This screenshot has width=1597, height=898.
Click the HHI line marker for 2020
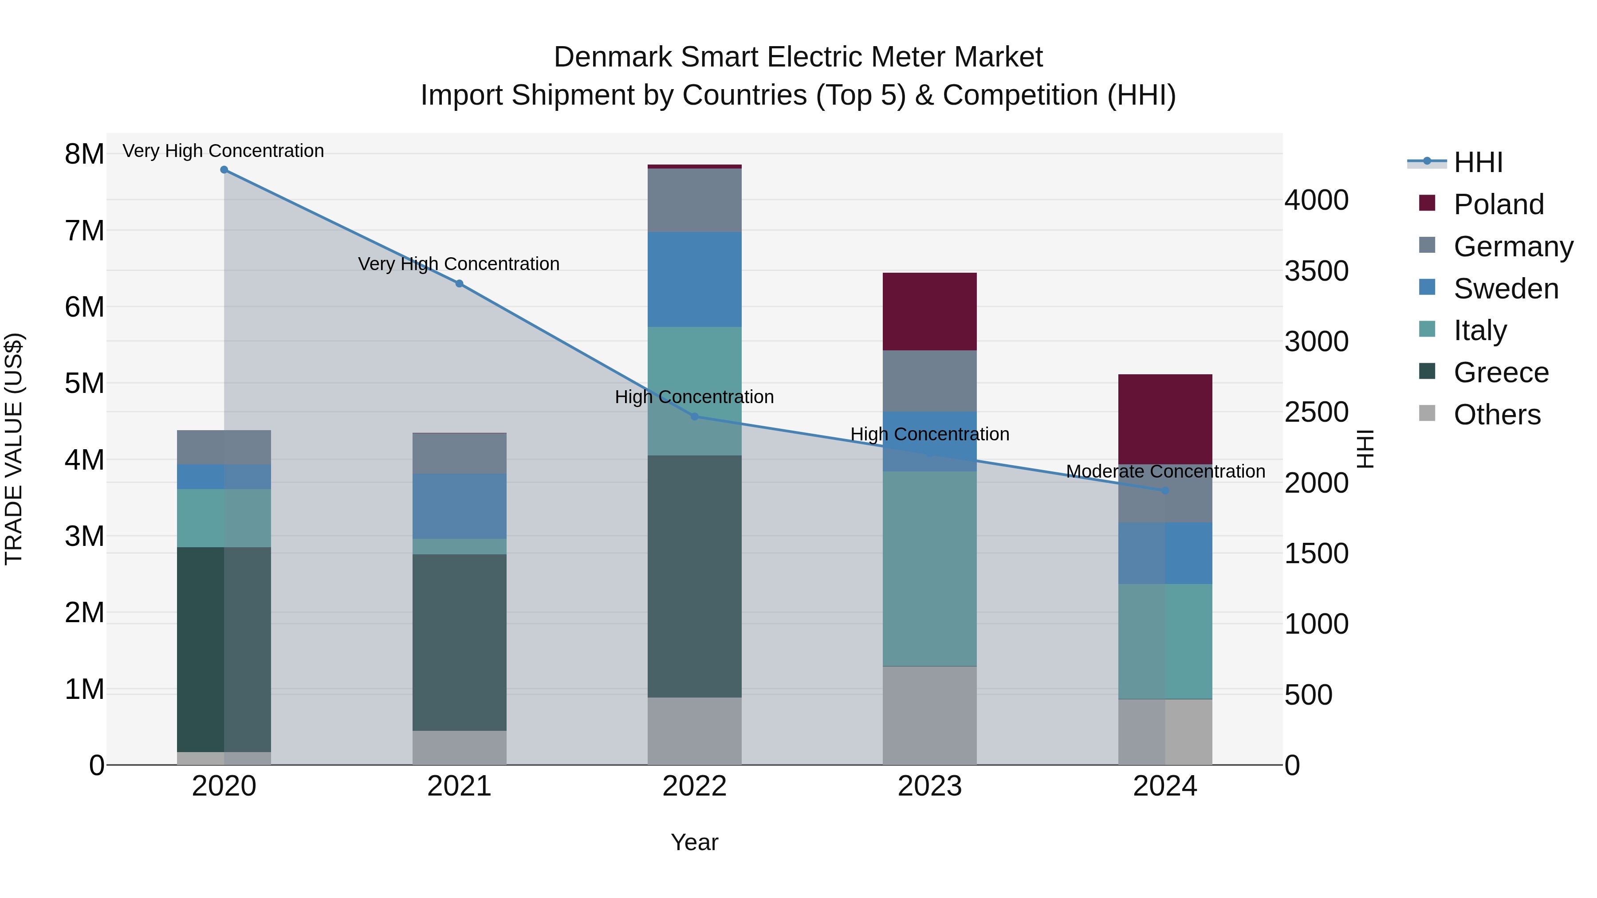(x=224, y=170)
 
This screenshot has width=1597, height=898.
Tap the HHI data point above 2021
(x=460, y=284)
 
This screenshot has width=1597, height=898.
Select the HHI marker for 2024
(x=1165, y=491)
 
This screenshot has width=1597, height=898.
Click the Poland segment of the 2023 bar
(x=929, y=312)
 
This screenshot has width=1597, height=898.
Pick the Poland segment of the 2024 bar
(x=1165, y=419)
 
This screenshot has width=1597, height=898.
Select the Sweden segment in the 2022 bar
(x=694, y=279)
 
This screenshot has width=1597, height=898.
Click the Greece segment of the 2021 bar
(x=460, y=642)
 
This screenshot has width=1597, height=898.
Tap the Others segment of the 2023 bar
(x=929, y=716)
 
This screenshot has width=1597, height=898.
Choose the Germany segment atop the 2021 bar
(x=460, y=454)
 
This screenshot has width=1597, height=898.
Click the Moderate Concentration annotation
(x=1165, y=472)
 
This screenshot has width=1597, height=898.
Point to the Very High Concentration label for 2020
(x=223, y=151)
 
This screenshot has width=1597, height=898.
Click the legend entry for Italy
(x=1480, y=330)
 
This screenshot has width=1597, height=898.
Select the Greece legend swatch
(x=1427, y=372)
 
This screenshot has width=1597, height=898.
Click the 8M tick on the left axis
(x=84, y=154)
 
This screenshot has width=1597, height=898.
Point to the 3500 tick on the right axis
(x=1316, y=271)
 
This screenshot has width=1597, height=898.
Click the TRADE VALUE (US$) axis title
(x=14, y=449)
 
